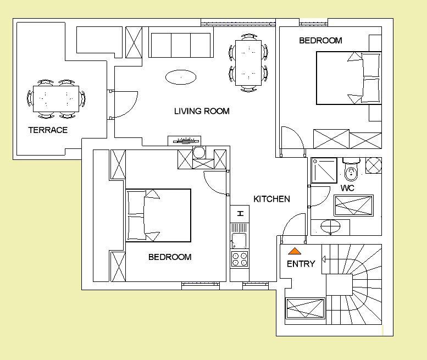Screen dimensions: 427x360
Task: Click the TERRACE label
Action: coord(48,130)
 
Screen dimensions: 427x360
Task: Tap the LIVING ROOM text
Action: coord(202,111)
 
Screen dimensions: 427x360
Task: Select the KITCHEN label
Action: coord(271,199)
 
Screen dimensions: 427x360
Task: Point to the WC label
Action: coord(347,188)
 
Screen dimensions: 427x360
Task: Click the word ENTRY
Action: coord(301,264)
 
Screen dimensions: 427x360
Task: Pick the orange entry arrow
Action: coord(295,251)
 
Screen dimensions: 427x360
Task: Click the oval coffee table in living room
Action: coord(181,77)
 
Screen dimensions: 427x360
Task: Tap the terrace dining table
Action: coord(56,99)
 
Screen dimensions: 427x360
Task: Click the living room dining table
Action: coord(248,63)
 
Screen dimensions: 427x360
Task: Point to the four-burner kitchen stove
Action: coord(240,259)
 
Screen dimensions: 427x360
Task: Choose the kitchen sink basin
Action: coord(240,240)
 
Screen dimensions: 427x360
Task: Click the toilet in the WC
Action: coord(351,171)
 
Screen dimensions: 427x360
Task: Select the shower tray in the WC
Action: coord(324,170)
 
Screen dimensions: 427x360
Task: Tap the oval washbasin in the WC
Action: coord(331,226)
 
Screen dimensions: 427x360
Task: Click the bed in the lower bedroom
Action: coord(158,215)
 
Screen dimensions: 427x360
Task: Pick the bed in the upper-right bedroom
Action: coord(349,78)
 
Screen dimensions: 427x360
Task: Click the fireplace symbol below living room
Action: coord(184,141)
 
